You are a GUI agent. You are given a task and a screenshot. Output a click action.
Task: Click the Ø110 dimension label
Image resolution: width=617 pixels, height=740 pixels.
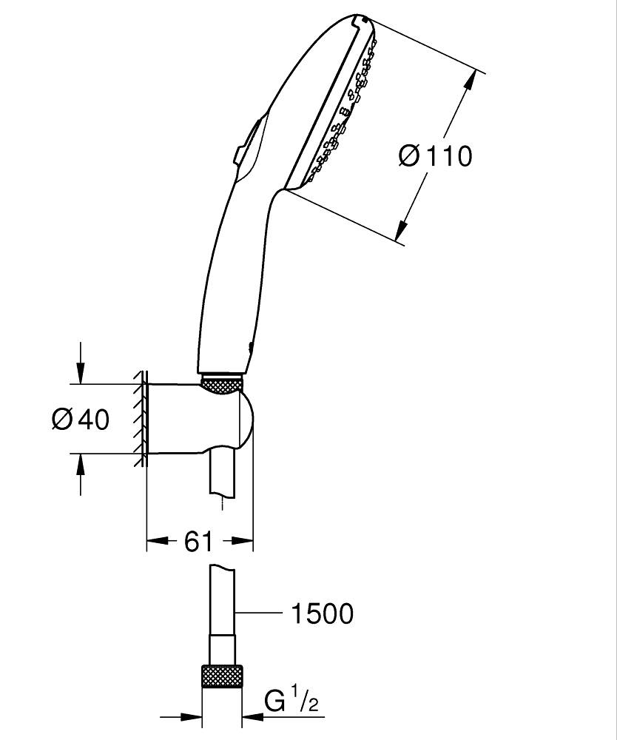(435, 155)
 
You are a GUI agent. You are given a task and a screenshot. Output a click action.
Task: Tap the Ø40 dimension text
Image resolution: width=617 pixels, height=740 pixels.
(81, 420)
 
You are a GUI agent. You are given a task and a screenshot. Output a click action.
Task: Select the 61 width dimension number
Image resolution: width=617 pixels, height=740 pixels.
(198, 542)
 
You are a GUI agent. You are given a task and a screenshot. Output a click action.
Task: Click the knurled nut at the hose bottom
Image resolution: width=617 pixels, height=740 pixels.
(222, 677)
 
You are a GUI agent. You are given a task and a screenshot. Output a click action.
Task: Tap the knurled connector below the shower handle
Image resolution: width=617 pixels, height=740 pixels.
(222, 385)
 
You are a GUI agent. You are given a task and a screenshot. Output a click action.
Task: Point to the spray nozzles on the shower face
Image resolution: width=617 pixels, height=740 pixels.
(340, 111)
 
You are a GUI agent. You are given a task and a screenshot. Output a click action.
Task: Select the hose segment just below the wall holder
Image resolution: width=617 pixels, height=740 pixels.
(222, 474)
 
